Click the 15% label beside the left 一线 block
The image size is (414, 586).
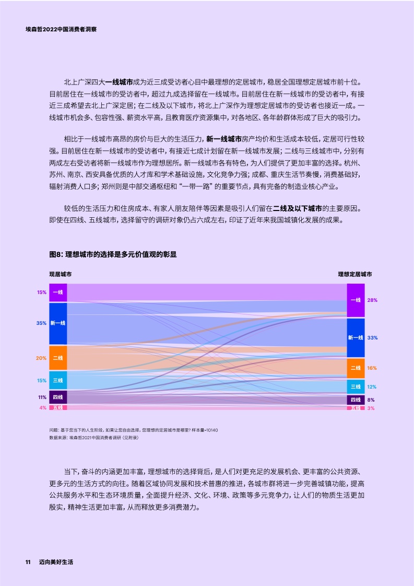[42, 292]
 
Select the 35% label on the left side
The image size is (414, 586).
[41, 323]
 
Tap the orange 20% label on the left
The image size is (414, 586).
[41, 358]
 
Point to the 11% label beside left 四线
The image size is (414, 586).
[42, 397]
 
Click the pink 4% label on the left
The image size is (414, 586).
[43, 407]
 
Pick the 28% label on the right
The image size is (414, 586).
[372, 300]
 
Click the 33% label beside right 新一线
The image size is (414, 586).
[372, 338]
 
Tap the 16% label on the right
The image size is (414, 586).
[372, 368]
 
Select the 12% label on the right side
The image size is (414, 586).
[372, 387]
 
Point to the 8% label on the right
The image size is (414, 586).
[371, 400]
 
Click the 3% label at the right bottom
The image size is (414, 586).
[371, 408]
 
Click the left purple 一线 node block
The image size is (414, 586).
[58, 292]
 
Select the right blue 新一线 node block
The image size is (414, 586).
[356, 338]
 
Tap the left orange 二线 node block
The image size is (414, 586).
[58, 358]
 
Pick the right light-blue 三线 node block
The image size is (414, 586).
[356, 386]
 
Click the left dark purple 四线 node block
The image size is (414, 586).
[58, 397]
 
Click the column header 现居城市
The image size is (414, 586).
[61, 274]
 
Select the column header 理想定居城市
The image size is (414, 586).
[355, 274]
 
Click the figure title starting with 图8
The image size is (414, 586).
[112, 254]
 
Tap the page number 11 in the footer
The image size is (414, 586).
[28, 562]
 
